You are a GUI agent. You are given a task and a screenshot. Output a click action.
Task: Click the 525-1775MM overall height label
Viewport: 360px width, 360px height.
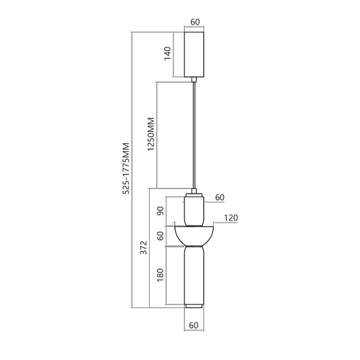[x=126, y=168]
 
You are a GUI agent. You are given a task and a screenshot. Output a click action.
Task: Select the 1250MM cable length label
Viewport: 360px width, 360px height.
[x=150, y=134]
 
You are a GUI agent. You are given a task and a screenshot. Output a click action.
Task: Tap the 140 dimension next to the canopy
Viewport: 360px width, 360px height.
[x=167, y=53]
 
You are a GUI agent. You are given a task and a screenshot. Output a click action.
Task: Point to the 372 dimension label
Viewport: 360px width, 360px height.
[x=143, y=247]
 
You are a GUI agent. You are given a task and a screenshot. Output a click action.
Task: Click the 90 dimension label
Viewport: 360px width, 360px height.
[x=160, y=211]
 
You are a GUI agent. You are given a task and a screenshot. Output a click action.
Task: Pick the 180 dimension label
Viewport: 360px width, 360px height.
[x=160, y=275]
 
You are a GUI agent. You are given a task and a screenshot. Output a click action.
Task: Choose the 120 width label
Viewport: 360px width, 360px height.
[x=231, y=217]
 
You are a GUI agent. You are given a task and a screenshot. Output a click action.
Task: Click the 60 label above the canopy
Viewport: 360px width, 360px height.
[x=195, y=22]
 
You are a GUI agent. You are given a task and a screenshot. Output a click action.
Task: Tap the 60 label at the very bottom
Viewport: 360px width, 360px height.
[x=194, y=325]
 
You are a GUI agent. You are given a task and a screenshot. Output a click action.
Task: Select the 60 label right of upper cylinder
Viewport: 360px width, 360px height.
[x=220, y=197]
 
